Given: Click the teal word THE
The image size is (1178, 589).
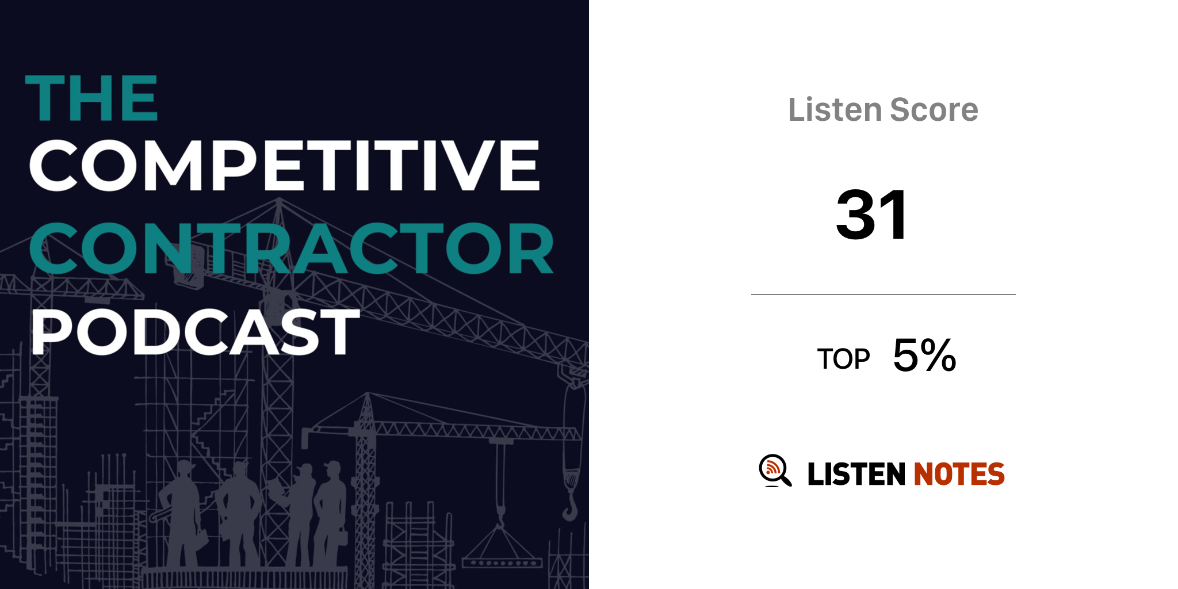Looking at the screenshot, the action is [91, 98].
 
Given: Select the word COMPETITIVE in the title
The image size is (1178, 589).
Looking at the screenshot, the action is [285, 165].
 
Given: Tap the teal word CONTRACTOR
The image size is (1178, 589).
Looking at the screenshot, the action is [292, 248].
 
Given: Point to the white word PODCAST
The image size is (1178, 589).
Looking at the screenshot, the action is [195, 331].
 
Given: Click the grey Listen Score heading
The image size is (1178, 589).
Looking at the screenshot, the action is [883, 110].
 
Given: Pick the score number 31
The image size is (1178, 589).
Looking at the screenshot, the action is [872, 215].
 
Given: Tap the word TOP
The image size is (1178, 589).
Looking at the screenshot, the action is [843, 359].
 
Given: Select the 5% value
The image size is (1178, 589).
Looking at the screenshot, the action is [924, 355].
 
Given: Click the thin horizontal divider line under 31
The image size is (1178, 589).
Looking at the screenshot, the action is [883, 294].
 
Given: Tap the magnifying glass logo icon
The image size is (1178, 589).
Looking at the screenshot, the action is [775, 471].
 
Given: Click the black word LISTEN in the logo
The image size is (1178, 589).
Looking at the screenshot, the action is [856, 474].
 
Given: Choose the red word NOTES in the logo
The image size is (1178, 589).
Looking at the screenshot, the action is [959, 474].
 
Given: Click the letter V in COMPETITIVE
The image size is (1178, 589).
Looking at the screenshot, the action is [466, 166].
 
